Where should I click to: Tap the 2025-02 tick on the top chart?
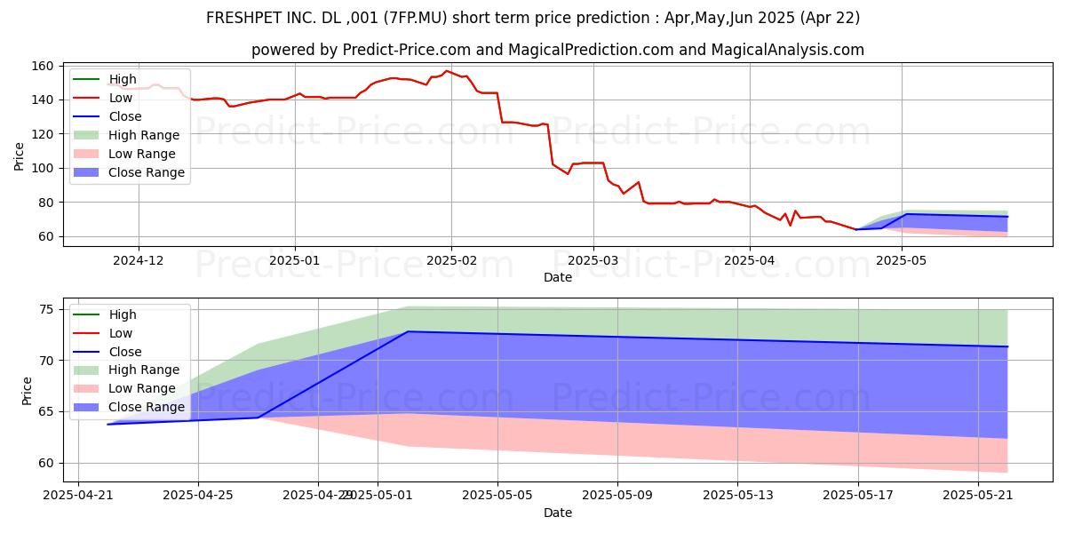[x=450, y=261]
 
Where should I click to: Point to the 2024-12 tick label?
[x=139, y=261]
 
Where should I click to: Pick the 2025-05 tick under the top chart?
[x=902, y=261]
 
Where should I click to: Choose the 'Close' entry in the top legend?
[x=124, y=116]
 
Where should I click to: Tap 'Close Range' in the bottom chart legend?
[x=147, y=407]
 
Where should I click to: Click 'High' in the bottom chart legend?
[x=123, y=314]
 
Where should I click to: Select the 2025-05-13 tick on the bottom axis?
[x=737, y=495]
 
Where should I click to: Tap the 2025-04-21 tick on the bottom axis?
[x=78, y=495]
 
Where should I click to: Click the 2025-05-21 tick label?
[x=978, y=495]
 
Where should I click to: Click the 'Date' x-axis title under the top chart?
[x=557, y=277]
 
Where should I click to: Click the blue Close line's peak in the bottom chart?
[x=408, y=331]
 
